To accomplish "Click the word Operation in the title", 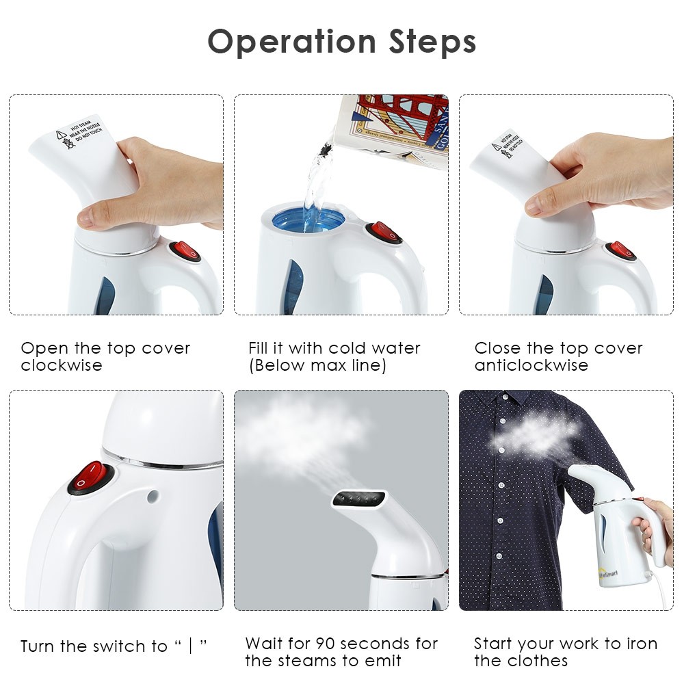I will (291, 42).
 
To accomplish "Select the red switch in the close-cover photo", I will (621, 250).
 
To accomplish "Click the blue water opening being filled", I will (309, 219).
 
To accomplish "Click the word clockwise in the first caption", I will (61, 365).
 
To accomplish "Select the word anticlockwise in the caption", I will (531, 365).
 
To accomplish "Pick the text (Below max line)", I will (317, 365).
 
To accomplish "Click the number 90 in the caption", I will (325, 644).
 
